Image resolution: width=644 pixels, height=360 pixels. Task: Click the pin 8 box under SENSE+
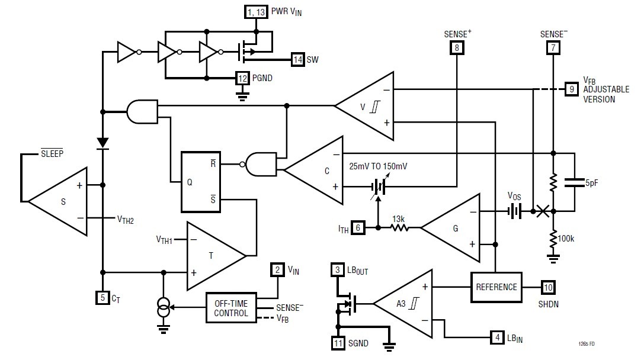point(457,48)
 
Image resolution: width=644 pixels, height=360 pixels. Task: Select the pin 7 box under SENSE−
point(552,48)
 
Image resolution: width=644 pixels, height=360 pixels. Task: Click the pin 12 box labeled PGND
point(242,78)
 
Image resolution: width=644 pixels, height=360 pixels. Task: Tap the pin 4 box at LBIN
point(496,338)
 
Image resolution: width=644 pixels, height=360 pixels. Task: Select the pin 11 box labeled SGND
point(338,342)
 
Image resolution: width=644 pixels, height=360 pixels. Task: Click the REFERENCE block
point(496,287)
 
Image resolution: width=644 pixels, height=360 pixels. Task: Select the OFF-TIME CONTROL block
point(231,308)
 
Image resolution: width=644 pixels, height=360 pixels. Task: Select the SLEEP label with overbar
point(52,153)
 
